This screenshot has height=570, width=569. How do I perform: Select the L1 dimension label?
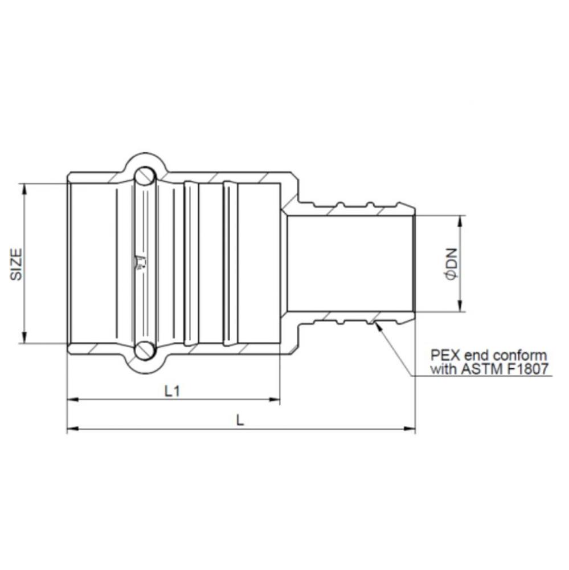[x=173, y=391]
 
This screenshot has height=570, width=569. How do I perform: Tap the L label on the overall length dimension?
[x=240, y=420]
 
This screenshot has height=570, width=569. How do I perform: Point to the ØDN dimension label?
[x=451, y=264]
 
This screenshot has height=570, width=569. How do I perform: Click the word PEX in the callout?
[x=441, y=356]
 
